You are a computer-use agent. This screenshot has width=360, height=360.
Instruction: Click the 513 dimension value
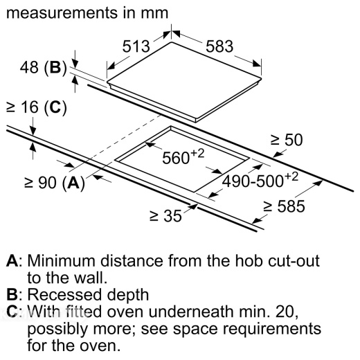coord(136,46)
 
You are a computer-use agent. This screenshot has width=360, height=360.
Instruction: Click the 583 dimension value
coord(219,46)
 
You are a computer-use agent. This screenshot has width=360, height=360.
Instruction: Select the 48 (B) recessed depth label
coord(44,68)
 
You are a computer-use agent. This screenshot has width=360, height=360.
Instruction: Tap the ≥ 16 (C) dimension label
coord(37,107)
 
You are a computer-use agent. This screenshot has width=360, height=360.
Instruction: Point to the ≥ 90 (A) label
coord(55,183)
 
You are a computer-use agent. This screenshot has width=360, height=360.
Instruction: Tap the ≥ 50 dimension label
coord(287,140)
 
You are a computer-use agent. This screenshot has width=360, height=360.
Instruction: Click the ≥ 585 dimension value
coord(285,206)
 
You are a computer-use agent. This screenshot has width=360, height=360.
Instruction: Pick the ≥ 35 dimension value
coord(165,216)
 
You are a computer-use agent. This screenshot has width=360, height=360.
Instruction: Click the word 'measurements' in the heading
coord(62,13)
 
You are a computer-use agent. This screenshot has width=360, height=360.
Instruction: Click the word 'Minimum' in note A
coord(61,261)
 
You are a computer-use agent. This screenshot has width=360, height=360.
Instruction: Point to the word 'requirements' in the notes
coord(272,330)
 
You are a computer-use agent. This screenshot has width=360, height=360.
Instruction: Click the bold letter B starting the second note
coord(12,295)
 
